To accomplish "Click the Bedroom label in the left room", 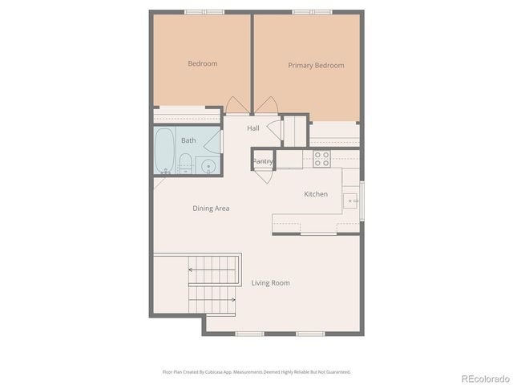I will pos(203,64).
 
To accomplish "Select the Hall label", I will pos(252,128).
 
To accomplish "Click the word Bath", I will pos(188,140).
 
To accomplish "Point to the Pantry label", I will pos(263,162).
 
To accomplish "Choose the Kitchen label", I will pos(316,194).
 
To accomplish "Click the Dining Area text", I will pos(211,209).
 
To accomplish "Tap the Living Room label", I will pos(270,283).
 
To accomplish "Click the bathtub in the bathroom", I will pos(164,150).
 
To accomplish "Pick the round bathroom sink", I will pos(208,167).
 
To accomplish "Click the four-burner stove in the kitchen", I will pos(321,159).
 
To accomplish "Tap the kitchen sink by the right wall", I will pos(350,201).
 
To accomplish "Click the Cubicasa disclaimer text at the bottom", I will pos(256,371).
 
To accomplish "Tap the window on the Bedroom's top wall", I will pos(204,12).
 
